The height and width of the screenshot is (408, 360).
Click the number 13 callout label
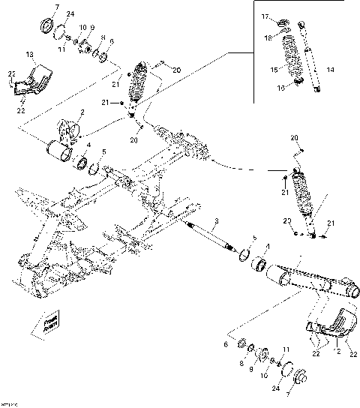point(30,55)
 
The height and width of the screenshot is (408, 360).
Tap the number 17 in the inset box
point(264,16)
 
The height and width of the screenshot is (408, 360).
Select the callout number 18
point(267,37)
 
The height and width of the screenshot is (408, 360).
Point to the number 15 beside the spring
point(274,69)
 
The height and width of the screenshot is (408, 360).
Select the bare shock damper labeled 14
point(311,56)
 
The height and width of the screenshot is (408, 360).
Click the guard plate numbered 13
point(30,81)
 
